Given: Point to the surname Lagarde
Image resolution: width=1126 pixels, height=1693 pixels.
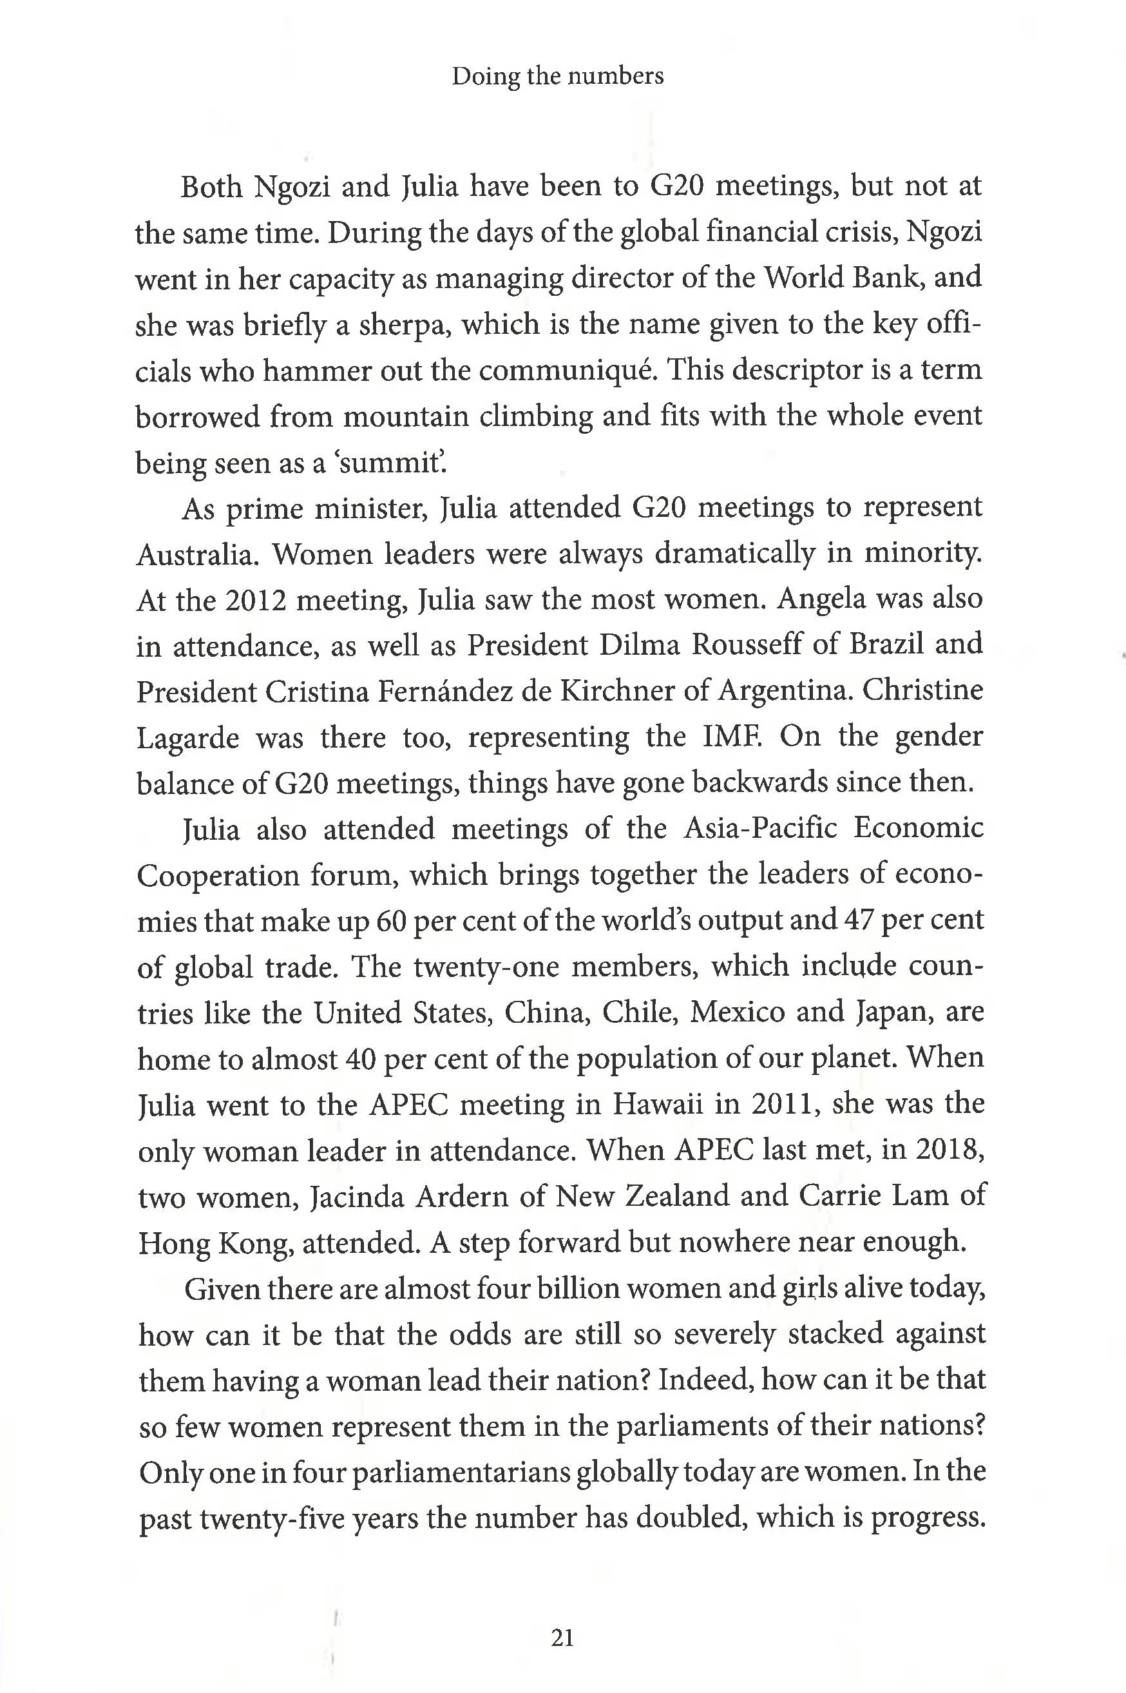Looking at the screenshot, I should coord(187,738).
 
